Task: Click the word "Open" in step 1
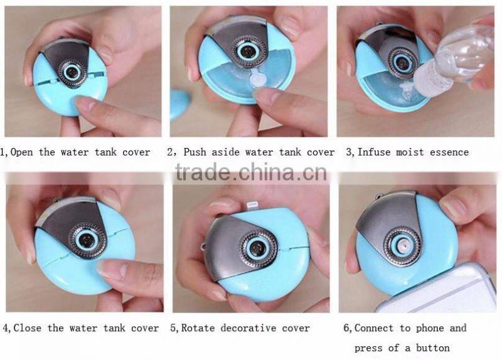(x=23, y=152)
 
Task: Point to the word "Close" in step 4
(x=28, y=328)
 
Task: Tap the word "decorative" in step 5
(x=250, y=328)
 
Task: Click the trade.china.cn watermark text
(x=251, y=171)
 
